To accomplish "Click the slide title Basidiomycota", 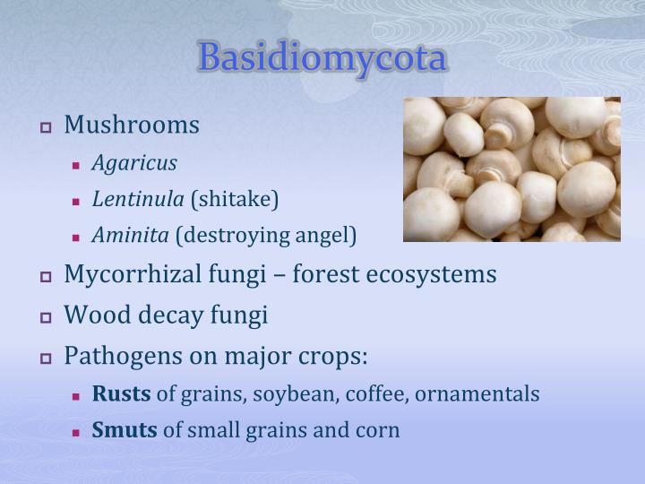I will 322,58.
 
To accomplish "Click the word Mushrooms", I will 132,125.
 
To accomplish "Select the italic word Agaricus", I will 134,163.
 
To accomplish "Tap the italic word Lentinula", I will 138,199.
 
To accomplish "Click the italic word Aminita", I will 131,235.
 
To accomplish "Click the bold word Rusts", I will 122,393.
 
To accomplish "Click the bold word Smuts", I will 125,430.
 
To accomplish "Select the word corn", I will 379,430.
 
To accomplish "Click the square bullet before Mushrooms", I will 47,126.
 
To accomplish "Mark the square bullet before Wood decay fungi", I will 47,316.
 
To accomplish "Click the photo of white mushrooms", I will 512,169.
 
